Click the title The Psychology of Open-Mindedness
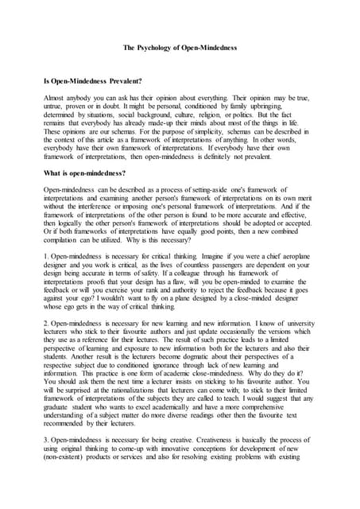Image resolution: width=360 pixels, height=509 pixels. (180, 48)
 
